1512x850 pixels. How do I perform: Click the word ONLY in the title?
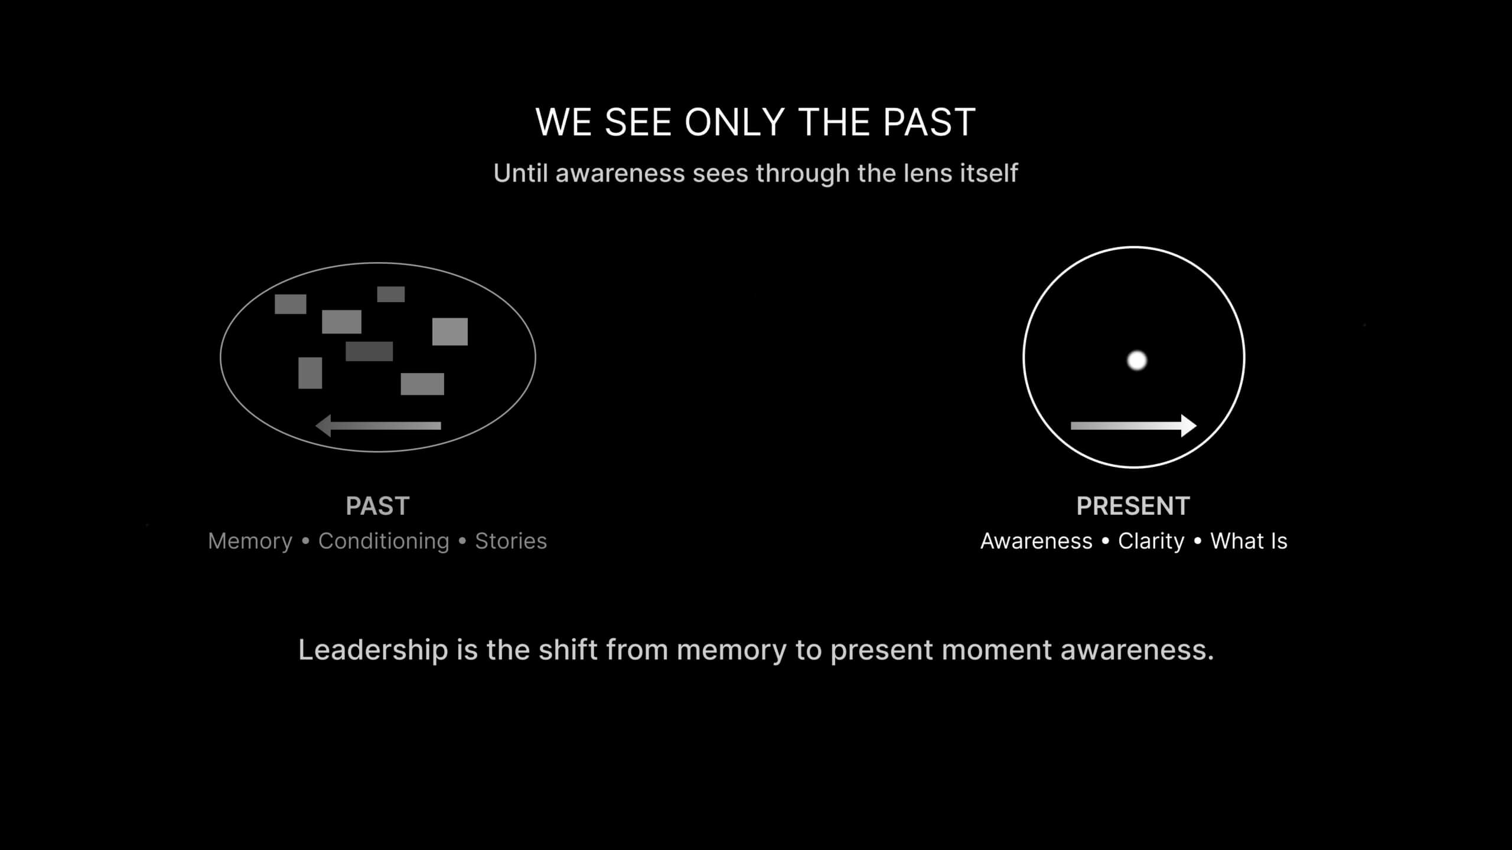click(734, 122)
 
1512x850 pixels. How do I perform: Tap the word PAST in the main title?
click(929, 122)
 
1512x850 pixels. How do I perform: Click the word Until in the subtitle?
click(520, 173)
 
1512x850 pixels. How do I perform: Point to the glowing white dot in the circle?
click(1137, 360)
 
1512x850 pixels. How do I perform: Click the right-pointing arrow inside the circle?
click(1133, 426)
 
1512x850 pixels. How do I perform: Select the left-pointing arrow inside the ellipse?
click(378, 426)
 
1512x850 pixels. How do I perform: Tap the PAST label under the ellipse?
click(377, 506)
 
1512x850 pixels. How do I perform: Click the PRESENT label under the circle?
click(1133, 506)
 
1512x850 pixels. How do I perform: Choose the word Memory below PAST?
click(250, 541)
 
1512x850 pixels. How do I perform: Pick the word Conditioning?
click(384, 541)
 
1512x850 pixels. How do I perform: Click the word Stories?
click(511, 541)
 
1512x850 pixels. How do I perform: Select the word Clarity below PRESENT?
click(1151, 541)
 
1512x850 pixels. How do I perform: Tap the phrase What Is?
click(1249, 541)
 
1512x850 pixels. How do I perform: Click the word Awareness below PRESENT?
click(1037, 541)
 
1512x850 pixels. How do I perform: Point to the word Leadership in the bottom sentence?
click(373, 650)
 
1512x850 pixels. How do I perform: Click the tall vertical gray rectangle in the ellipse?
click(310, 373)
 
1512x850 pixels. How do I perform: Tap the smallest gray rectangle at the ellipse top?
click(391, 294)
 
